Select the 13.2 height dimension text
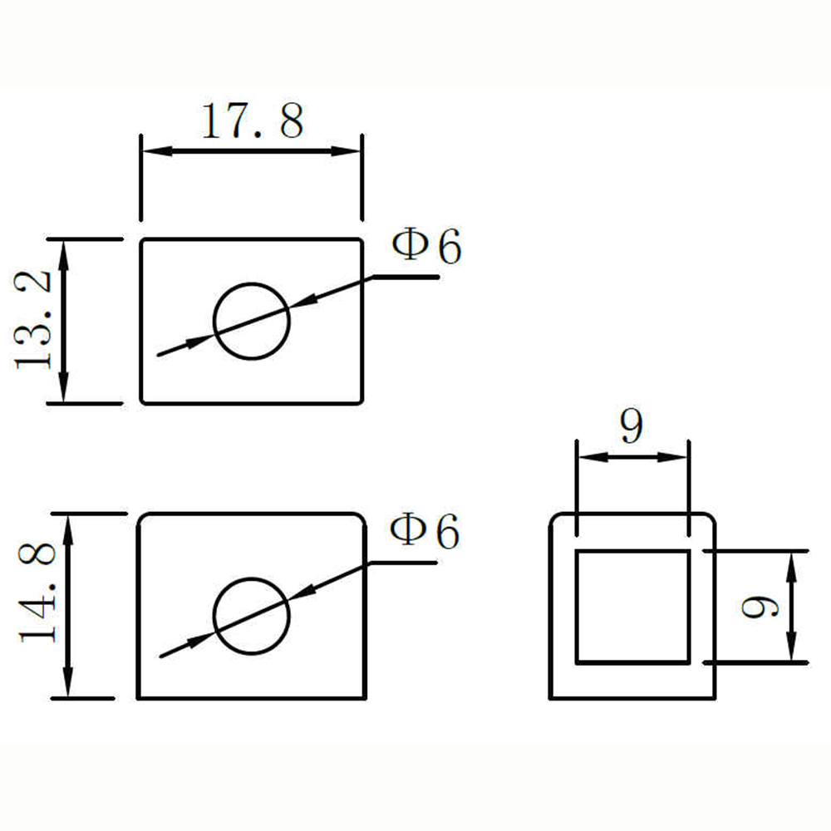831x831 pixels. click(x=33, y=320)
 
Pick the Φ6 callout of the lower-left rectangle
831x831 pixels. click(x=425, y=530)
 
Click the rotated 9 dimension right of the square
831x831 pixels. click(x=760, y=607)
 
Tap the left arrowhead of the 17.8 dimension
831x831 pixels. click(x=157, y=151)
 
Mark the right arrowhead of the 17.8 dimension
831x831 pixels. click(x=346, y=151)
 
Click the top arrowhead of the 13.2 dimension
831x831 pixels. click(x=64, y=255)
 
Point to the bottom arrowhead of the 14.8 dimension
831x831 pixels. click(x=68, y=682)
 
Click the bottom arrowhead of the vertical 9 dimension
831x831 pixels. click(x=791, y=647)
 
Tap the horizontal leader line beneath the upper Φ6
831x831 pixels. click(x=406, y=277)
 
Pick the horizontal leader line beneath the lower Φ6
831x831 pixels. click(x=403, y=563)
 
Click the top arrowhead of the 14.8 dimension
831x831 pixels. click(x=68, y=530)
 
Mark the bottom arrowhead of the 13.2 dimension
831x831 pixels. click(x=64, y=387)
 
